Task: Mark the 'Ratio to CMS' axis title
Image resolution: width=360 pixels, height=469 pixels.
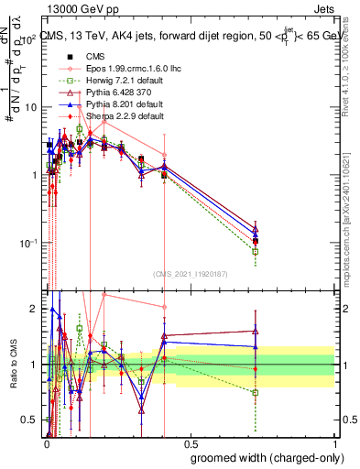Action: coord(12,365)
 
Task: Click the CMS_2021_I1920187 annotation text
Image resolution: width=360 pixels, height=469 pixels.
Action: coord(189,272)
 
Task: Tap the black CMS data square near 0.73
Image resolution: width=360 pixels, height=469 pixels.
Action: coord(256,241)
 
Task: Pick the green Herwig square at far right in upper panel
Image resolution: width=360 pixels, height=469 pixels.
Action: coord(256,251)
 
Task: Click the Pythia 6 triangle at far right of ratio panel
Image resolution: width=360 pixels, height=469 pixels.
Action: coord(256,331)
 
